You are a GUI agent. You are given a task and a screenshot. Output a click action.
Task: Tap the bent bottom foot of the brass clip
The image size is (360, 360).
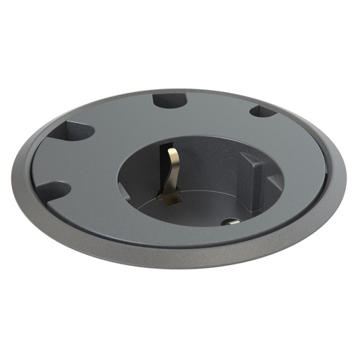(x=167, y=200)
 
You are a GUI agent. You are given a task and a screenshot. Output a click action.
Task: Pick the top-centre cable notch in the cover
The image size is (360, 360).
(x=169, y=100)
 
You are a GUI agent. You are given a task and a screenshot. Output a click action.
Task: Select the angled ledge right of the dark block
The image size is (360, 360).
(x=273, y=184)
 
